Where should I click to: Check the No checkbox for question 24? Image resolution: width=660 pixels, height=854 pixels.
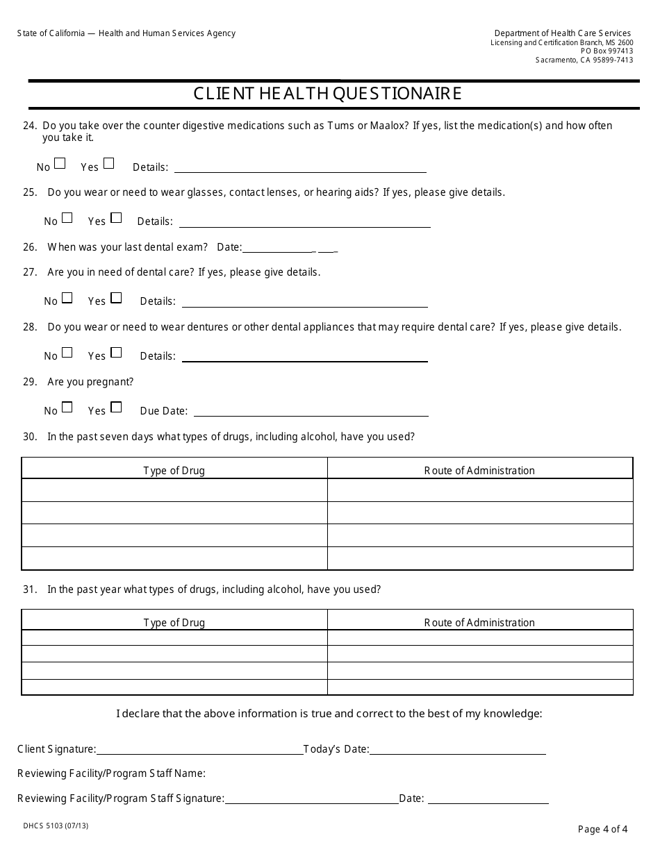tap(60, 164)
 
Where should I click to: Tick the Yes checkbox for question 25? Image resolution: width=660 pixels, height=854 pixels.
tap(116, 218)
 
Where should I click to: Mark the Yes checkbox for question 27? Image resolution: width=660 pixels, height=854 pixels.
tap(116, 298)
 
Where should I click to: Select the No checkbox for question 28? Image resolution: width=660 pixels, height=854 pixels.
tap(67, 353)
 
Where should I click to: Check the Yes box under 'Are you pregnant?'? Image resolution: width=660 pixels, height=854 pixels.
tap(116, 408)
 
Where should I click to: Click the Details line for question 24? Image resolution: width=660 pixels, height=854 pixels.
tap(300, 167)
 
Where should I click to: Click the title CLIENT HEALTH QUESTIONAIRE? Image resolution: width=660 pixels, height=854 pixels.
tap(327, 94)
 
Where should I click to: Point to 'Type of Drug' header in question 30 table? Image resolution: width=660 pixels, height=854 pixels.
tap(174, 471)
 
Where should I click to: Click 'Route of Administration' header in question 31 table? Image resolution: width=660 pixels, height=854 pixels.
tap(479, 623)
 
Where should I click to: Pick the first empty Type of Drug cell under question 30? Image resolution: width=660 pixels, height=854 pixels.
tap(174, 490)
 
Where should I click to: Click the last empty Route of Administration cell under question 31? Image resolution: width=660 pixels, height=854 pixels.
tap(479, 687)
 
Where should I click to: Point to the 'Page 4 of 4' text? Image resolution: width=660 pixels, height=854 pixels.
tap(602, 828)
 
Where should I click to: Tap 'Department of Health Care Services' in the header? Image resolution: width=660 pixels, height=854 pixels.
tap(562, 33)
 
